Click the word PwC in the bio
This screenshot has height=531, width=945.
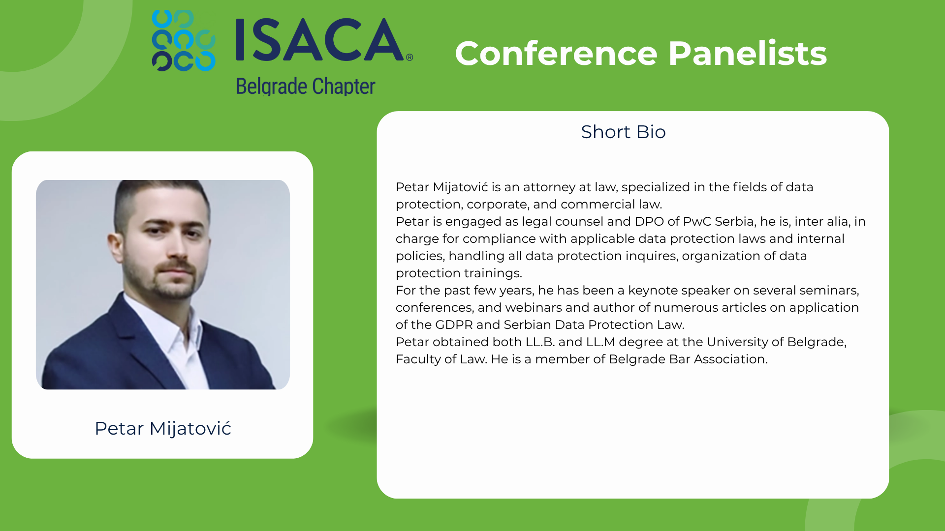[696, 222]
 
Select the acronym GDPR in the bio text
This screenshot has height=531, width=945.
[454, 325]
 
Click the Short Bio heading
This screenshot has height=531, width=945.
[623, 132]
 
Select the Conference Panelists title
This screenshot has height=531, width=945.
[641, 53]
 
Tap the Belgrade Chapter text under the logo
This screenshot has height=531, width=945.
[306, 87]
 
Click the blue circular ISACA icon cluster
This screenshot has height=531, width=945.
[184, 40]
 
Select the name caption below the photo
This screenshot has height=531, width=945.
[163, 429]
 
